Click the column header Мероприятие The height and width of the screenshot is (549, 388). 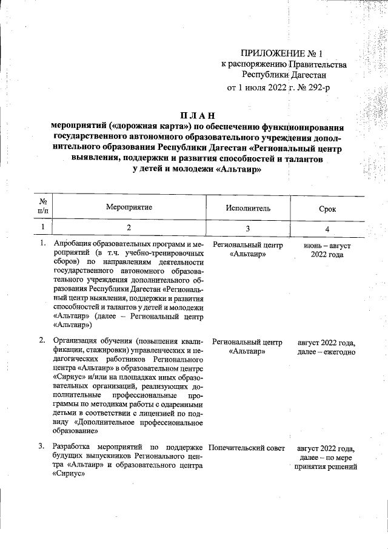click(x=129, y=207)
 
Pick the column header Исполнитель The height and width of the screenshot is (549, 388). click(x=248, y=208)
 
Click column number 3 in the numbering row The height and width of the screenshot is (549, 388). click(x=248, y=229)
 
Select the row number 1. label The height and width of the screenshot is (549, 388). click(x=43, y=244)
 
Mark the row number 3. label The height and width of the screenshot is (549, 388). click(x=43, y=447)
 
